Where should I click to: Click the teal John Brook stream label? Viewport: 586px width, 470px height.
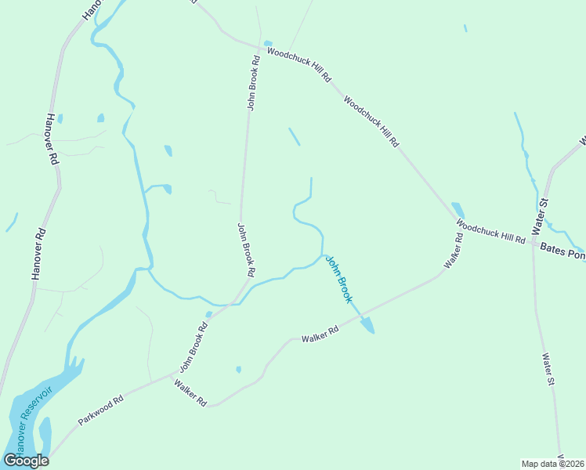(x=339, y=280)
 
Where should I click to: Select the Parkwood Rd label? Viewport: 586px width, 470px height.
(x=101, y=410)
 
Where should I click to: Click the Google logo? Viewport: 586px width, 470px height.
(x=26, y=460)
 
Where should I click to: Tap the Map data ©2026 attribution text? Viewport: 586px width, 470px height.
(x=552, y=463)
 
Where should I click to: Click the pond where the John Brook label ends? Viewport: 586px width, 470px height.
(x=367, y=324)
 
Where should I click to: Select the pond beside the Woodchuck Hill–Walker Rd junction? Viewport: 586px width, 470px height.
(x=458, y=210)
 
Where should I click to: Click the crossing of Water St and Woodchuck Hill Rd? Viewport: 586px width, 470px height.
(x=534, y=241)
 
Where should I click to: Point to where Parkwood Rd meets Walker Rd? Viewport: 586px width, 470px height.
(x=174, y=374)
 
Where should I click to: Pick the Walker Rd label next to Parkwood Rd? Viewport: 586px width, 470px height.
(x=190, y=393)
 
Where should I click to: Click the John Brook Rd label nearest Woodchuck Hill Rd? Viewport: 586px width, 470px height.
(x=253, y=82)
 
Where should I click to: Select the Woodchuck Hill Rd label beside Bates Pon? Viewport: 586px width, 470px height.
(x=491, y=232)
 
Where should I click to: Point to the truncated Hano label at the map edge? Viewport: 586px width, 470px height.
(x=92, y=9)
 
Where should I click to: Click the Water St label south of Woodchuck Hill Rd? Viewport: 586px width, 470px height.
(x=548, y=369)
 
